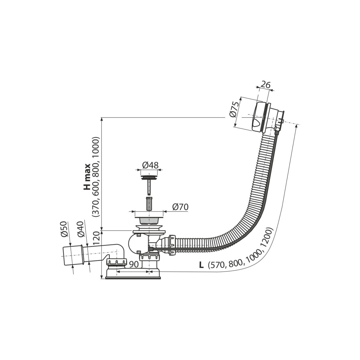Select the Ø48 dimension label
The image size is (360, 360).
tap(150, 165)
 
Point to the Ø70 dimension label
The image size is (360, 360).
tap(180, 207)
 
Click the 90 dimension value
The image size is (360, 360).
tap(134, 264)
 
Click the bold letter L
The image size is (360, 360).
tap(201, 265)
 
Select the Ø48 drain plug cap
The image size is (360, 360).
tap(149, 177)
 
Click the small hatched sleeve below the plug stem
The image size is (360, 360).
tap(149, 203)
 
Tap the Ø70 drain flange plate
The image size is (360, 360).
tap(149, 217)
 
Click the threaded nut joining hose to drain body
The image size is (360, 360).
tap(172, 245)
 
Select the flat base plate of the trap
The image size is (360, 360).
tap(133, 278)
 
